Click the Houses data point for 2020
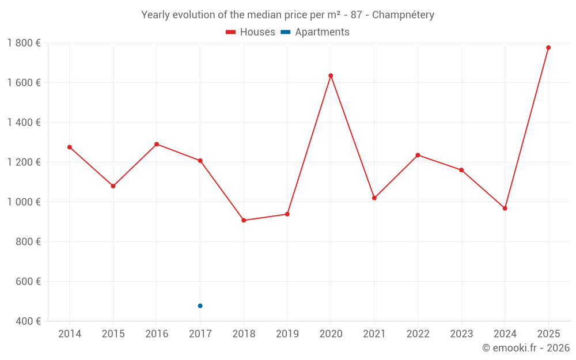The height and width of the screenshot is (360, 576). [331, 75]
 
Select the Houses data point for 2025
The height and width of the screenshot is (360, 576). [548, 48]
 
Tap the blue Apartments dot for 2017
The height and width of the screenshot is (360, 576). [200, 306]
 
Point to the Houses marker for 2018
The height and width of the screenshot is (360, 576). [244, 220]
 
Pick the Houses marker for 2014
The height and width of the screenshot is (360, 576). [70, 147]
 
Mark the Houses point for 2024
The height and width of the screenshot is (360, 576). [505, 209]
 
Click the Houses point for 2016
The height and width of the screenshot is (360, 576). [157, 144]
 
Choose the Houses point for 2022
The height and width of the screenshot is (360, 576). [418, 155]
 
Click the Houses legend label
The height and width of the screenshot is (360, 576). [257, 32]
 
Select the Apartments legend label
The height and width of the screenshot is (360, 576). [322, 32]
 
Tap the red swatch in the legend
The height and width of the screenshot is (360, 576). [231, 32]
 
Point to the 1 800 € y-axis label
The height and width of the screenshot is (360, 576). [24, 43]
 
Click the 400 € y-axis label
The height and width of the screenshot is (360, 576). [28, 321]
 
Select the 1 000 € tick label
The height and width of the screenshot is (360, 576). [24, 202]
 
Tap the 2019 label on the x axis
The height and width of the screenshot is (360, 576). [287, 334]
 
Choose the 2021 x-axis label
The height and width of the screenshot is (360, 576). [374, 334]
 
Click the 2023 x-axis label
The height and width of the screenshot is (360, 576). [461, 334]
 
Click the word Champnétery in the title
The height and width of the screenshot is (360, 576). [403, 15]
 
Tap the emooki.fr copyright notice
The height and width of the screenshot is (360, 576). [525, 348]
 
